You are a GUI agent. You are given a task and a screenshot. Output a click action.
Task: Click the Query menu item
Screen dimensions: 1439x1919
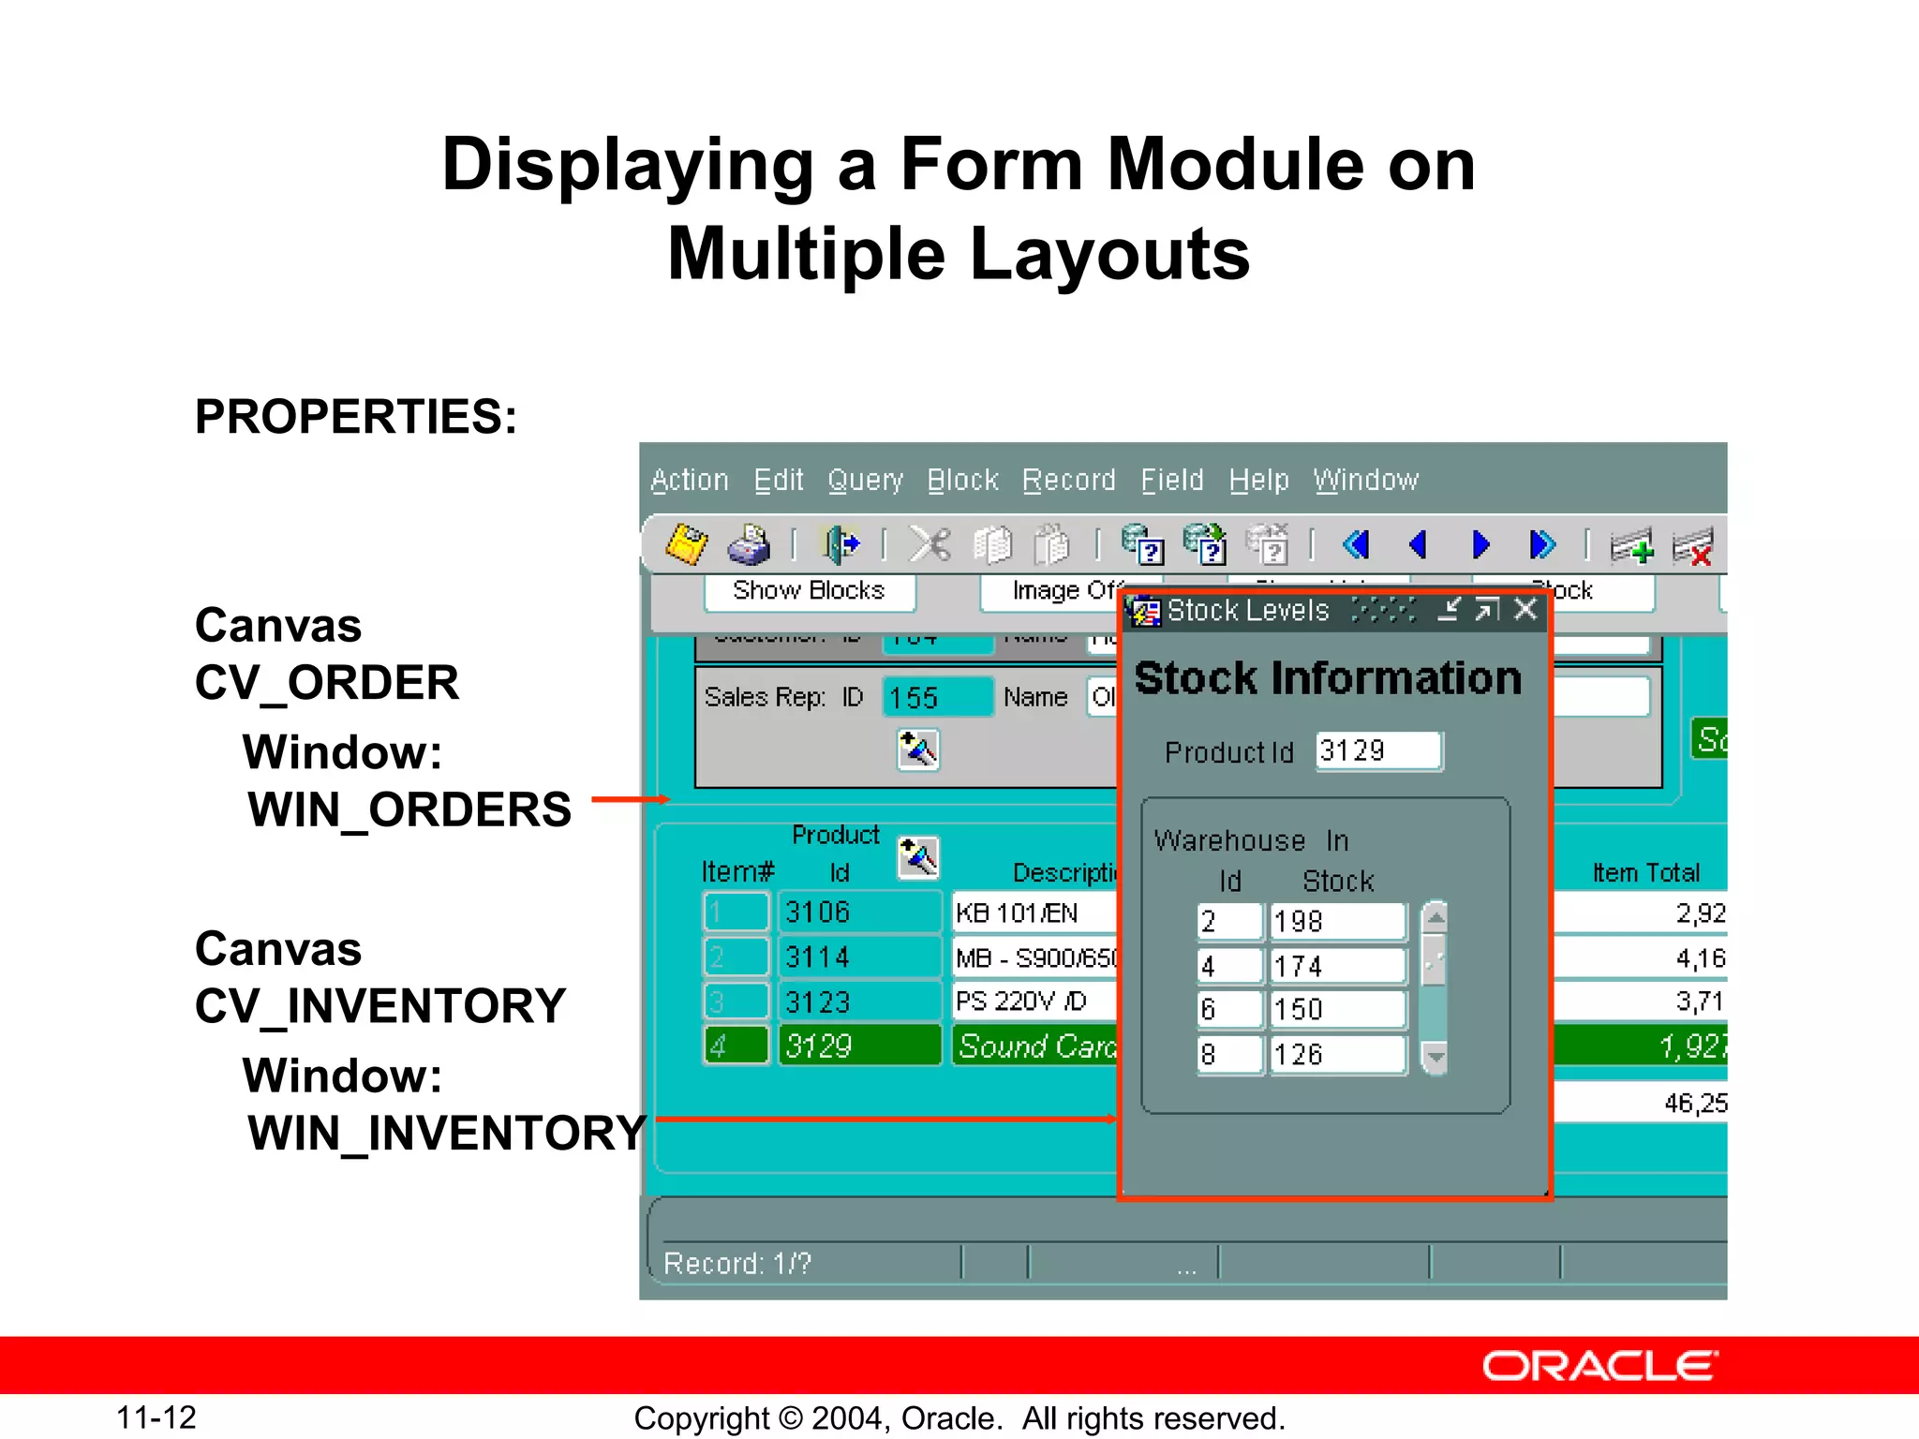[x=865, y=481]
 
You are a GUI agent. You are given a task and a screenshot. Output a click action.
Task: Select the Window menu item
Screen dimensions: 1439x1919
[x=1365, y=481]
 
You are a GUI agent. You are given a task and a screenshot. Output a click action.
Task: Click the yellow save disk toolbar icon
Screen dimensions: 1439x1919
[x=686, y=544]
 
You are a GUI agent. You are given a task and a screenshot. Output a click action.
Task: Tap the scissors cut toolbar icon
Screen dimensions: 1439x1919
[x=930, y=544]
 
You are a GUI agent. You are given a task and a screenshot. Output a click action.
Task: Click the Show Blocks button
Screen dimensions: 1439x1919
[x=809, y=591]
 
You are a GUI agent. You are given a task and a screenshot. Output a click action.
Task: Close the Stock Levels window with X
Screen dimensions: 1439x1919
[x=1526, y=610]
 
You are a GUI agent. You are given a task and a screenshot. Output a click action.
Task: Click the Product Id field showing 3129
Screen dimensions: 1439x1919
[x=1377, y=751]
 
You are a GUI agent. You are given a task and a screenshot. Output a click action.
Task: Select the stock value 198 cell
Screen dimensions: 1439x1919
[x=1337, y=922]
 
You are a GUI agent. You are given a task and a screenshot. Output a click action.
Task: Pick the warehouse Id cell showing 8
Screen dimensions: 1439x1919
[x=1228, y=1055]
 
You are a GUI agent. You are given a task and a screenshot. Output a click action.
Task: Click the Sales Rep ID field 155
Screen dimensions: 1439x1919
[x=937, y=698]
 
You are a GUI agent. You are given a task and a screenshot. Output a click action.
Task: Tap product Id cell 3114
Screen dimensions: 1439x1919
[x=857, y=957]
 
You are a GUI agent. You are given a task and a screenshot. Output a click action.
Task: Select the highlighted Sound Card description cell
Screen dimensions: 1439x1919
[x=1035, y=1046]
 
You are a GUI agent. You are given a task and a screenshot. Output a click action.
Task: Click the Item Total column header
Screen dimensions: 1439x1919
[x=1645, y=873]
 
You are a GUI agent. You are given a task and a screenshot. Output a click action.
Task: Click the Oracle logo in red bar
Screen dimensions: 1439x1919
[x=1599, y=1367]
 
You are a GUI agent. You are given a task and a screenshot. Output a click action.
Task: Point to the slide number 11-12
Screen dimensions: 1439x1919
[x=156, y=1417]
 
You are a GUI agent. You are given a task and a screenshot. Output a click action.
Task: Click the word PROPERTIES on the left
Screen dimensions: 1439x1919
[x=355, y=417]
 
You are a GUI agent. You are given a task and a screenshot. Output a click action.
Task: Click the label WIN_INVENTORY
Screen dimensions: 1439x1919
[x=446, y=1134]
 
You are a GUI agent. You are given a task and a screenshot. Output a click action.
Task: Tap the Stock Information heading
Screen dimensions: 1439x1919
[x=1328, y=678]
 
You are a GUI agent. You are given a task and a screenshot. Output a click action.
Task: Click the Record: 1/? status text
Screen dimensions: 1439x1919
[x=737, y=1264]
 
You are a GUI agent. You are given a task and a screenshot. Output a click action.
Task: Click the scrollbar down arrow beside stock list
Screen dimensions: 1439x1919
[x=1435, y=1058]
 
